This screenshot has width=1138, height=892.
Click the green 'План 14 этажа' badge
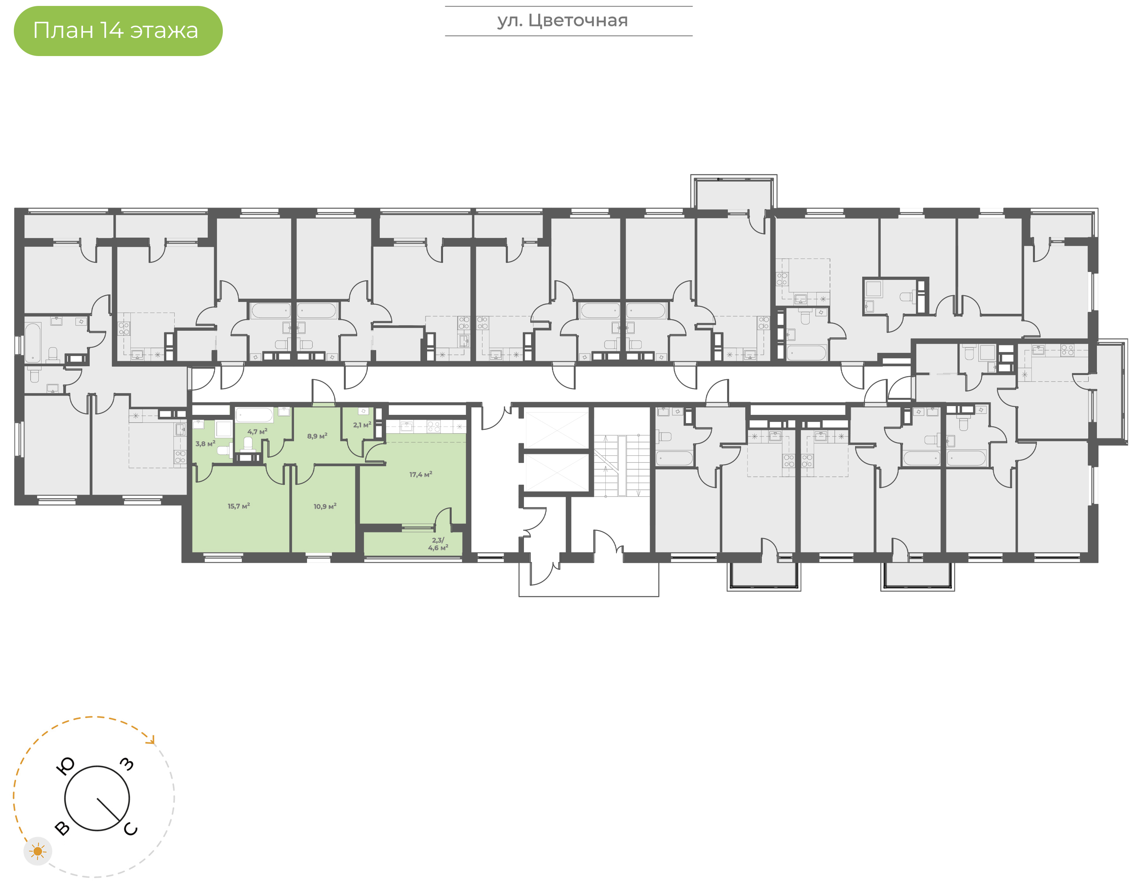point(118,31)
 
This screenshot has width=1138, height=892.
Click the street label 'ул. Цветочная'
point(562,21)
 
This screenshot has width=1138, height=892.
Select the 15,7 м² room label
point(239,506)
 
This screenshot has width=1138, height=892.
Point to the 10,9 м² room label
point(325,506)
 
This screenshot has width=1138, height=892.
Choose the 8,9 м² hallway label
point(317,436)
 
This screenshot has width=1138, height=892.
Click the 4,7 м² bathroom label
point(257,432)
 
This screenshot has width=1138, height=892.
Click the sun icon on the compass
point(38,852)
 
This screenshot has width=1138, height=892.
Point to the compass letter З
point(127,765)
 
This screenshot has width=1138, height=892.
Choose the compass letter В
point(62,828)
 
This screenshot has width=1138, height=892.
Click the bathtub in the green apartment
point(254,415)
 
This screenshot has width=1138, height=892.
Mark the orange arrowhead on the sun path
point(152,740)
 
